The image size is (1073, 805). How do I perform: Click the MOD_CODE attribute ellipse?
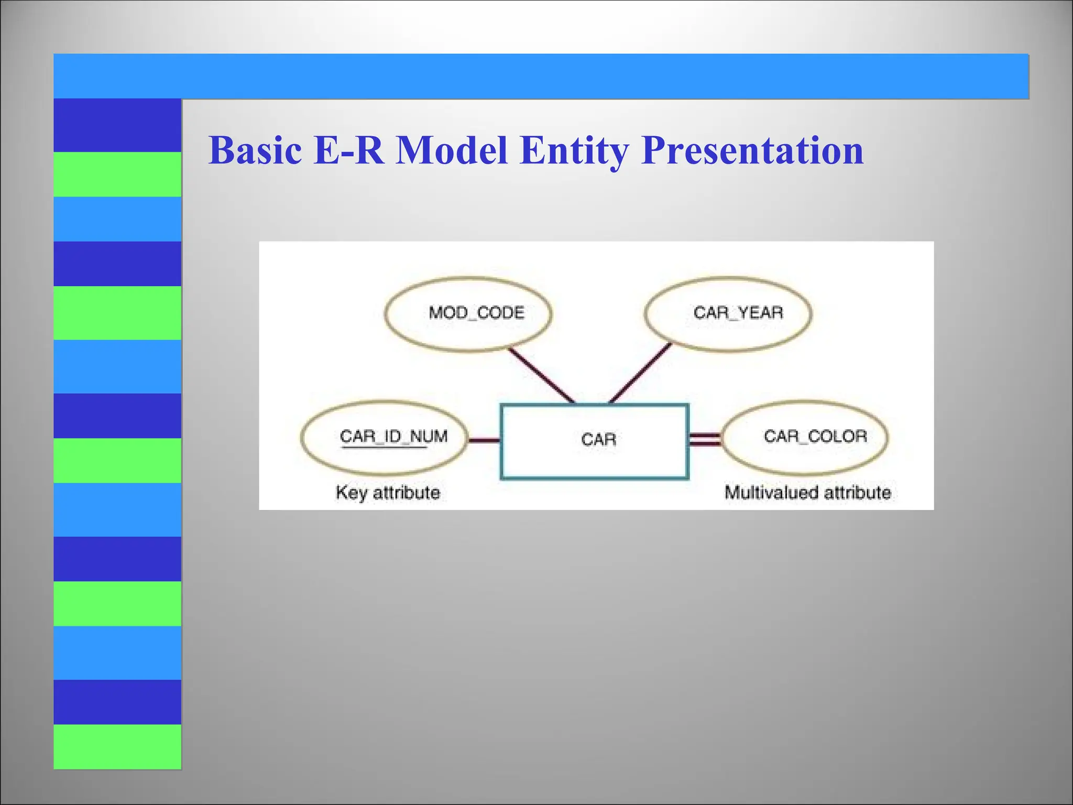pos(468,313)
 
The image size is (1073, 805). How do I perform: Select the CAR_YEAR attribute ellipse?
pos(728,313)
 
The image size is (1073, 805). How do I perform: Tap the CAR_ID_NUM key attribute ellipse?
pos(384,437)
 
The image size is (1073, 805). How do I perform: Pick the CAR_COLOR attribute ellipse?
pos(806,437)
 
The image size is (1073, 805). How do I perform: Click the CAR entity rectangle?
pos(594,441)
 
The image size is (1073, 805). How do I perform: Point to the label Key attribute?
pos(388,493)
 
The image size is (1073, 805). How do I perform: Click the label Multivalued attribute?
pos(807,493)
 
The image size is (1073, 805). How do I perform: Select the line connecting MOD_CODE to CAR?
pos(542,375)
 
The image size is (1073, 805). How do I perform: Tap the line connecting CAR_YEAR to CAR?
pos(640,373)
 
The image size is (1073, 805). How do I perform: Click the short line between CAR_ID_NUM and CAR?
pos(484,441)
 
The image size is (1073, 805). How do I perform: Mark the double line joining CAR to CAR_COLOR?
pos(705,440)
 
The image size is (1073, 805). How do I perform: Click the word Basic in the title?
pos(255,150)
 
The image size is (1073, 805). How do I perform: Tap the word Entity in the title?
pos(574,150)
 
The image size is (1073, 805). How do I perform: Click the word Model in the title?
pos(452,150)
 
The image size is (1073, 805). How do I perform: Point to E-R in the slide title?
pos(348,150)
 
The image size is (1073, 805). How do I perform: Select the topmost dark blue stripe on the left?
pos(117,125)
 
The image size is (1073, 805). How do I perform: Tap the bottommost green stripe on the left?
pos(117,746)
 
